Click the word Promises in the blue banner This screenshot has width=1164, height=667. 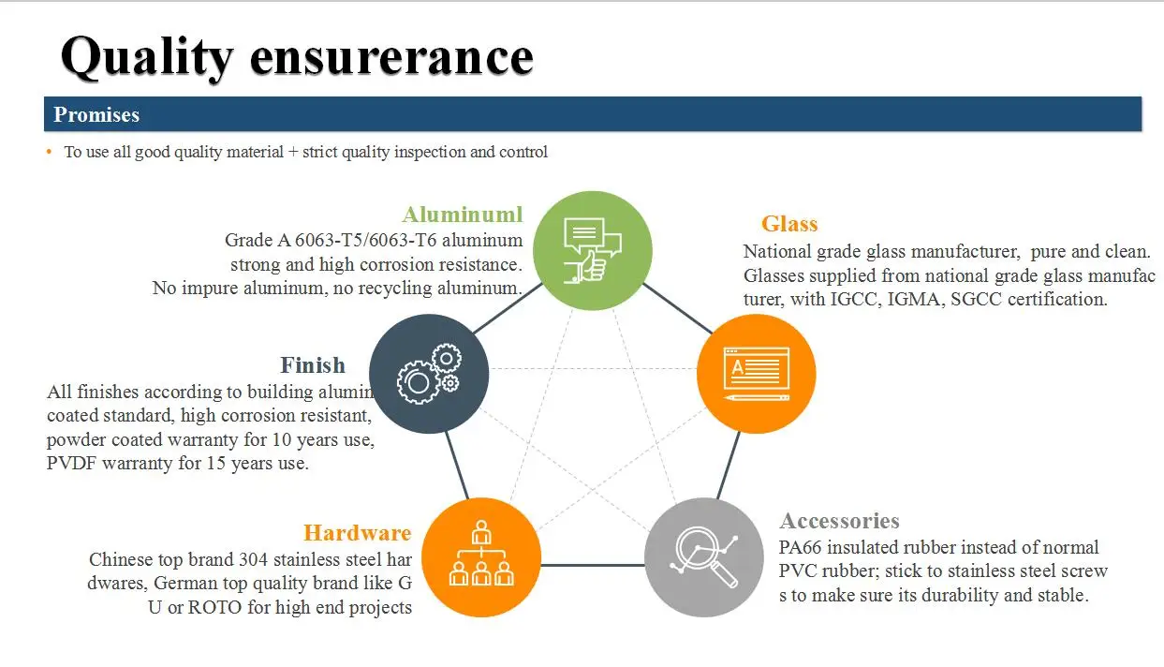click(x=96, y=115)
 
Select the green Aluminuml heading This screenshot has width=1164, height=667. click(x=463, y=215)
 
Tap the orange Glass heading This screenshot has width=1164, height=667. click(x=789, y=224)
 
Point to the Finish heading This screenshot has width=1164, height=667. click(x=313, y=365)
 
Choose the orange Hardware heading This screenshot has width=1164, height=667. click(x=358, y=533)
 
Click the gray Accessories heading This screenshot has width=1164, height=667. click(x=840, y=521)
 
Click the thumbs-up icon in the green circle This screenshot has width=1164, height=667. click(x=593, y=250)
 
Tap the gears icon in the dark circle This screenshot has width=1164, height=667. click(x=429, y=374)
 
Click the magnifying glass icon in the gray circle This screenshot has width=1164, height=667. click(x=704, y=557)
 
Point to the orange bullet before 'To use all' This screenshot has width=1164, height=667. click(x=49, y=152)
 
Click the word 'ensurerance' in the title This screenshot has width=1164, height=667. click(x=391, y=56)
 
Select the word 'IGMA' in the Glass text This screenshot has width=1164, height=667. click(x=916, y=300)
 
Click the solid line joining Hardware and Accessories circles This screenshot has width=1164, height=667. click(x=593, y=565)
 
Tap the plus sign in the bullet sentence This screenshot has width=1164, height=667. click(x=293, y=153)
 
